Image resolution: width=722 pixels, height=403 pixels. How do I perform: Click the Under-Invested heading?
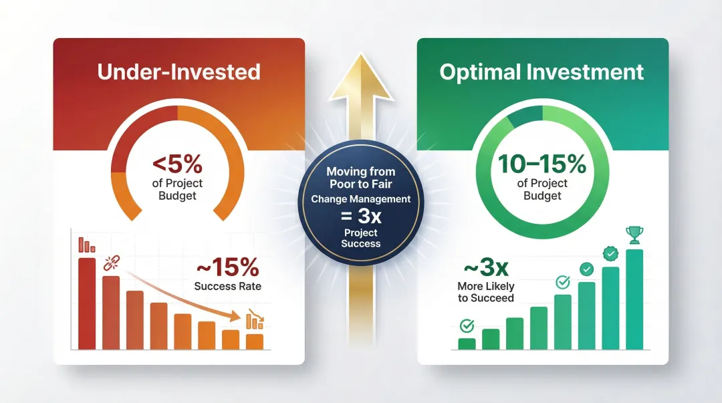click(x=178, y=72)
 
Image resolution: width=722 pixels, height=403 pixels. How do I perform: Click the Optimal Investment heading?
click(x=542, y=72)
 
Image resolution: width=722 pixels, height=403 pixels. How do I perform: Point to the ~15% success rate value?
click(x=227, y=267)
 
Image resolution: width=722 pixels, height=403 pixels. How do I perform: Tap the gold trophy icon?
click(x=634, y=235)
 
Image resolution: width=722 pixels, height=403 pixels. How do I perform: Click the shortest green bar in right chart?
click(x=467, y=344)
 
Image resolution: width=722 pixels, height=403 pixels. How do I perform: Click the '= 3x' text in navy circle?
click(x=361, y=216)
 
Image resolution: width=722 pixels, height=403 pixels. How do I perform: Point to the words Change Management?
click(x=361, y=199)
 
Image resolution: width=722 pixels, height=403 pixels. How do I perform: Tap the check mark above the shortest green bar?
click(x=467, y=325)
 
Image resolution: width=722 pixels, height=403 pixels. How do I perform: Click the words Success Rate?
click(x=227, y=287)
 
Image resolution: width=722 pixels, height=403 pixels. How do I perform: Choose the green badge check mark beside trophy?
click(x=610, y=253)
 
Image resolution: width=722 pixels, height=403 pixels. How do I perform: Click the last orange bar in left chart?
click(x=254, y=342)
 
